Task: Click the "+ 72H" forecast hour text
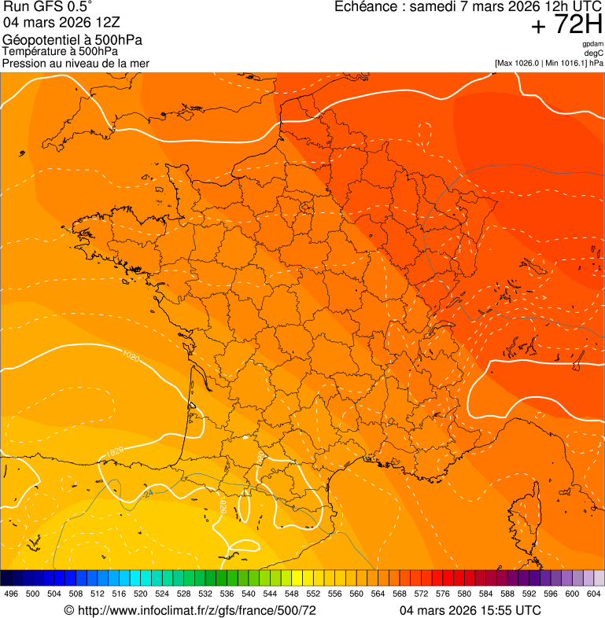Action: (x=566, y=25)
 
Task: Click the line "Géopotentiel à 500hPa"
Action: (x=72, y=40)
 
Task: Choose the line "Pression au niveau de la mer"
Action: (x=76, y=63)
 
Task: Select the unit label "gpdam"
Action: (x=592, y=44)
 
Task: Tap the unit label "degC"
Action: (x=594, y=53)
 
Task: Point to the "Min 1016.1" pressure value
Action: (x=566, y=63)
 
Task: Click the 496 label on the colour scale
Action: (x=11, y=594)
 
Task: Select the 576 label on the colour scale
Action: (x=443, y=594)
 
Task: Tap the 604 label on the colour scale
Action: (x=594, y=594)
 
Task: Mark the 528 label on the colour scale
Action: (x=184, y=594)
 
